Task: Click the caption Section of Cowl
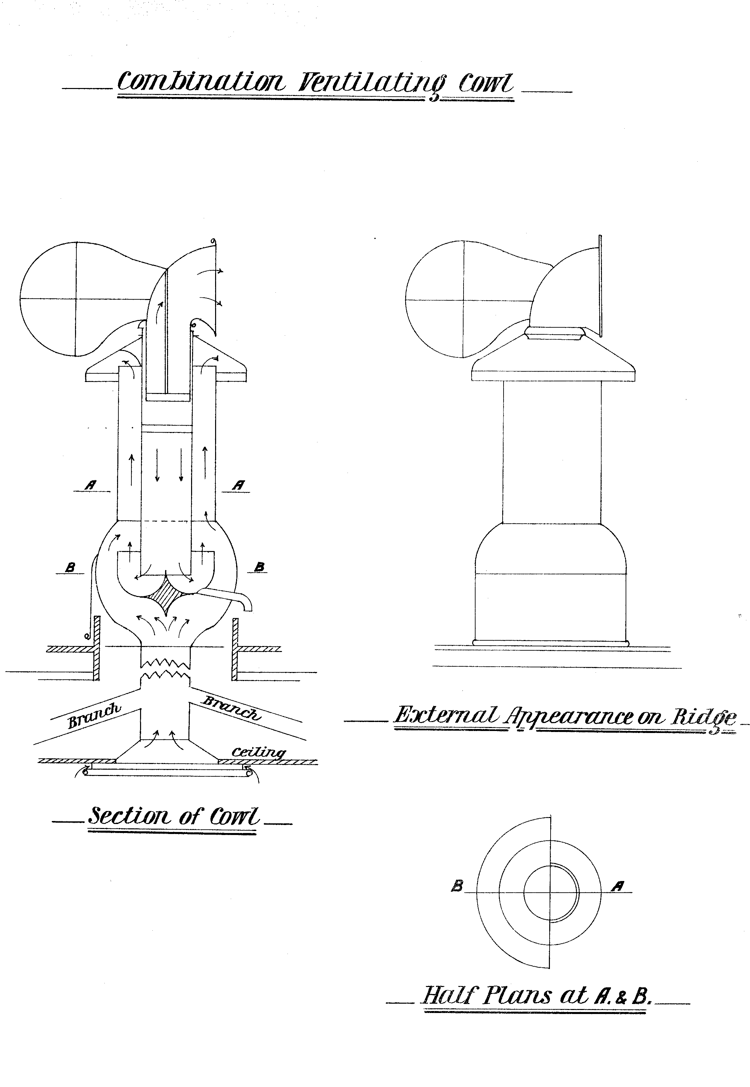[173, 816]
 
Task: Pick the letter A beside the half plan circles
[618, 886]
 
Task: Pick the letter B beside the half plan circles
[457, 886]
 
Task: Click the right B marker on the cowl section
[259, 567]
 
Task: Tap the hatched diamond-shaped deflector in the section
[165, 598]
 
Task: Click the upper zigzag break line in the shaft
[165, 663]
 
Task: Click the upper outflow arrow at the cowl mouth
[211, 272]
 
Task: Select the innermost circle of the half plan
[551, 893]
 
